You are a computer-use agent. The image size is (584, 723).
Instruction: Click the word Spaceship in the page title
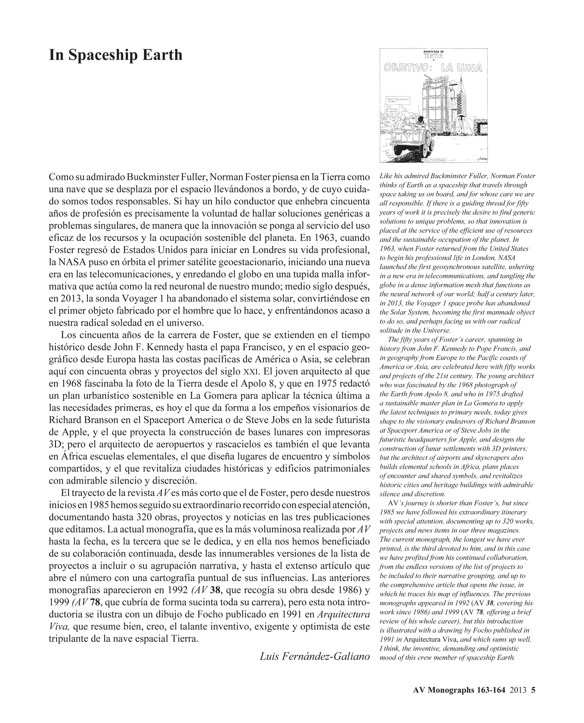pyautogui.click(x=102, y=55)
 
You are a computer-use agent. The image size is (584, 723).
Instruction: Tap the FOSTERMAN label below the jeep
pyautogui.click(x=433, y=160)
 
